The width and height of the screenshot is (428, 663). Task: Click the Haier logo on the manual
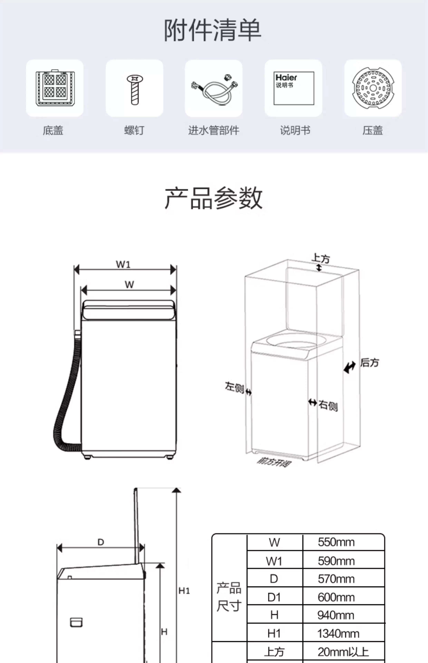pos(286,78)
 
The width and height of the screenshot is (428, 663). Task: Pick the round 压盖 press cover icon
pos(373,88)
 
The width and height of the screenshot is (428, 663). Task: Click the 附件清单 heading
pos(213,30)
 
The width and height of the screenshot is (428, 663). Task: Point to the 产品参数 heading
pos(213,198)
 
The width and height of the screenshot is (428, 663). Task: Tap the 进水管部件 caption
pos(213,130)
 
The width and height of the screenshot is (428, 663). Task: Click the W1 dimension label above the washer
pos(123,264)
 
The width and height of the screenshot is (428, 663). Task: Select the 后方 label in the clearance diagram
pos(369,363)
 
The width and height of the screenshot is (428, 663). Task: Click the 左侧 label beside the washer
pos(234,387)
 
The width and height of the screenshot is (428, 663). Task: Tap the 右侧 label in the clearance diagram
pos(328,405)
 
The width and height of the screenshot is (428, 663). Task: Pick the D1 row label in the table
pos(274,597)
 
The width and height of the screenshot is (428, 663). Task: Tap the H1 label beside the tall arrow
pos(184,591)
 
